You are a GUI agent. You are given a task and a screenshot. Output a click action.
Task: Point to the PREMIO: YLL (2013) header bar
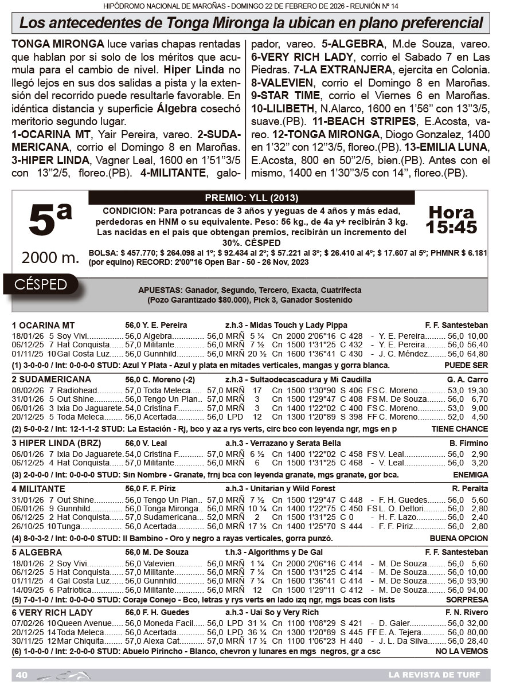point(251,198)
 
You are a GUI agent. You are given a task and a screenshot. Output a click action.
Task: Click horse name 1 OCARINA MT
point(43,325)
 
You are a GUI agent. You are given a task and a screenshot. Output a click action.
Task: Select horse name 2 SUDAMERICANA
point(51,379)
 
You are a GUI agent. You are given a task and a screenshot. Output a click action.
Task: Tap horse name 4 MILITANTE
point(38,489)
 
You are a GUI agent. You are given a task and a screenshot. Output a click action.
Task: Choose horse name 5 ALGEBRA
point(37,553)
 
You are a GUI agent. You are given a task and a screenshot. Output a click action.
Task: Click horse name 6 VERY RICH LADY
point(52,613)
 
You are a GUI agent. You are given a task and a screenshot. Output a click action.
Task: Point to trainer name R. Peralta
point(470,489)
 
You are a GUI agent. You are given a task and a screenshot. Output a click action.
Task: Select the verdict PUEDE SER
point(466,365)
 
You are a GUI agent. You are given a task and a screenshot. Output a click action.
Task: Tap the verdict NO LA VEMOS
point(462,651)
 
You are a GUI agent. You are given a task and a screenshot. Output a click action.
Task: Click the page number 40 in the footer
point(22,675)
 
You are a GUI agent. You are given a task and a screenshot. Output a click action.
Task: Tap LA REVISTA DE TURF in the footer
point(434,675)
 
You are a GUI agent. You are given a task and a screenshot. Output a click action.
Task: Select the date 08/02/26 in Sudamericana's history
point(28,390)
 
